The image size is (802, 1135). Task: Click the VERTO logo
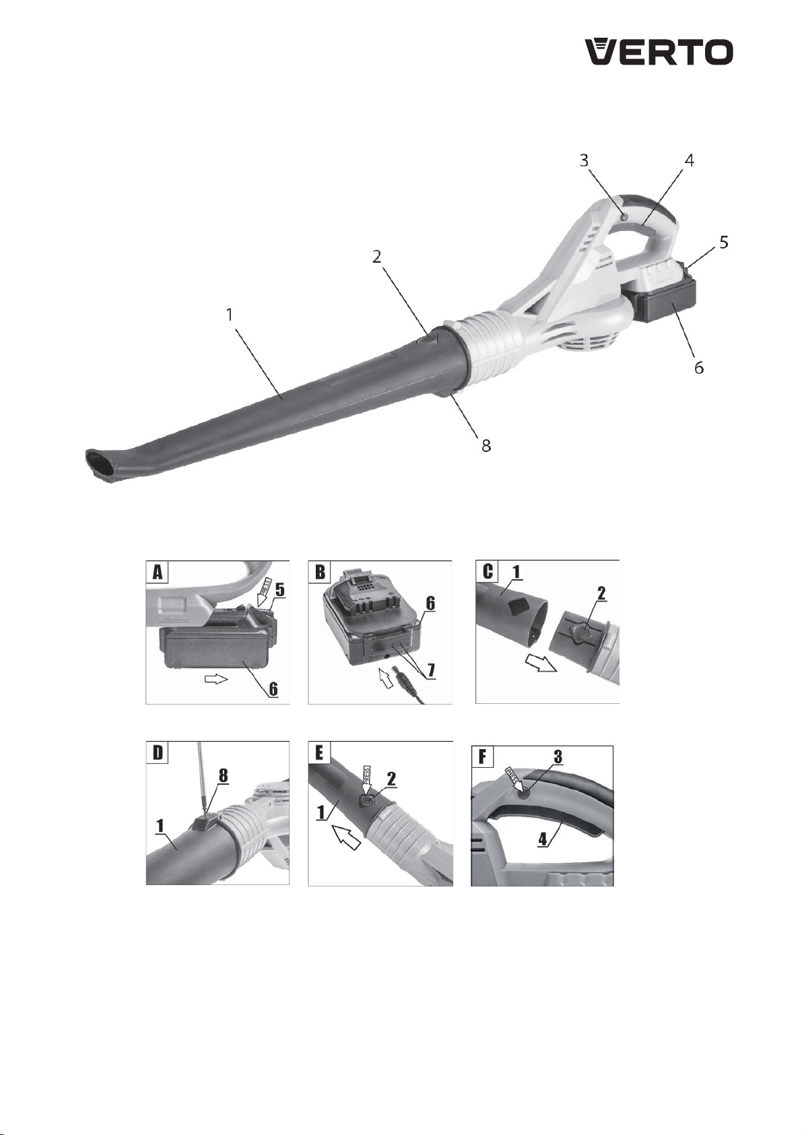(659, 52)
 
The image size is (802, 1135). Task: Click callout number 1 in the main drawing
(230, 315)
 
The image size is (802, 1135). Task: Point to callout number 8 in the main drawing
(486, 445)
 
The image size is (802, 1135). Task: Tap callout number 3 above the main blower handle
(584, 160)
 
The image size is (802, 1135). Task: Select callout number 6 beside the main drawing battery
(699, 367)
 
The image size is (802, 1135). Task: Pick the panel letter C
(488, 573)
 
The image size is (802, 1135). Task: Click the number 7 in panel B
(430, 670)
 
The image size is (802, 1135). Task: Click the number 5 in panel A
(279, 590)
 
